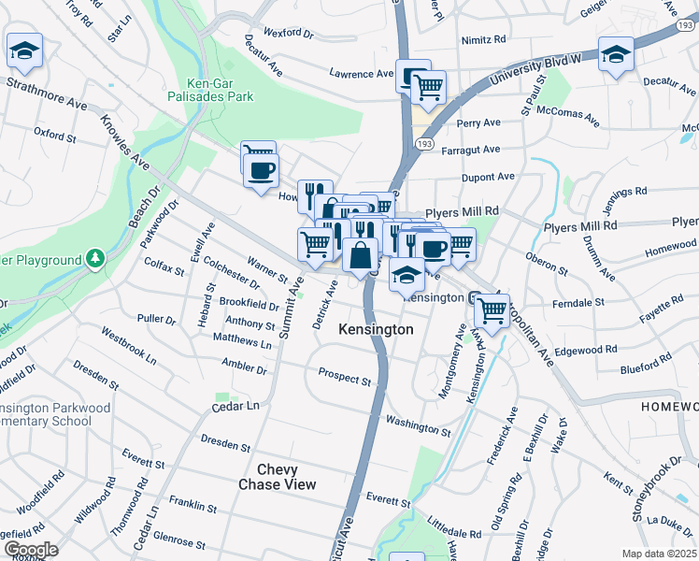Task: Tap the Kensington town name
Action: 376,330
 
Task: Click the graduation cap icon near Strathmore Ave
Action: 24,51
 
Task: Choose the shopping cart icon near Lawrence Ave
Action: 428,87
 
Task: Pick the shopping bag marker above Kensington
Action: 361,254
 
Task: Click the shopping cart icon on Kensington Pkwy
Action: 492,308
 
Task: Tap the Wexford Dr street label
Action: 289,33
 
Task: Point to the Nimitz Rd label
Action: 483,40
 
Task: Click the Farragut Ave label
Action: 478,149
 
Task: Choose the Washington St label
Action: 418,427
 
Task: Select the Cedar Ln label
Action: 235,407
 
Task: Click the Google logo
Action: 31,550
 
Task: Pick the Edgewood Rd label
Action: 586,350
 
